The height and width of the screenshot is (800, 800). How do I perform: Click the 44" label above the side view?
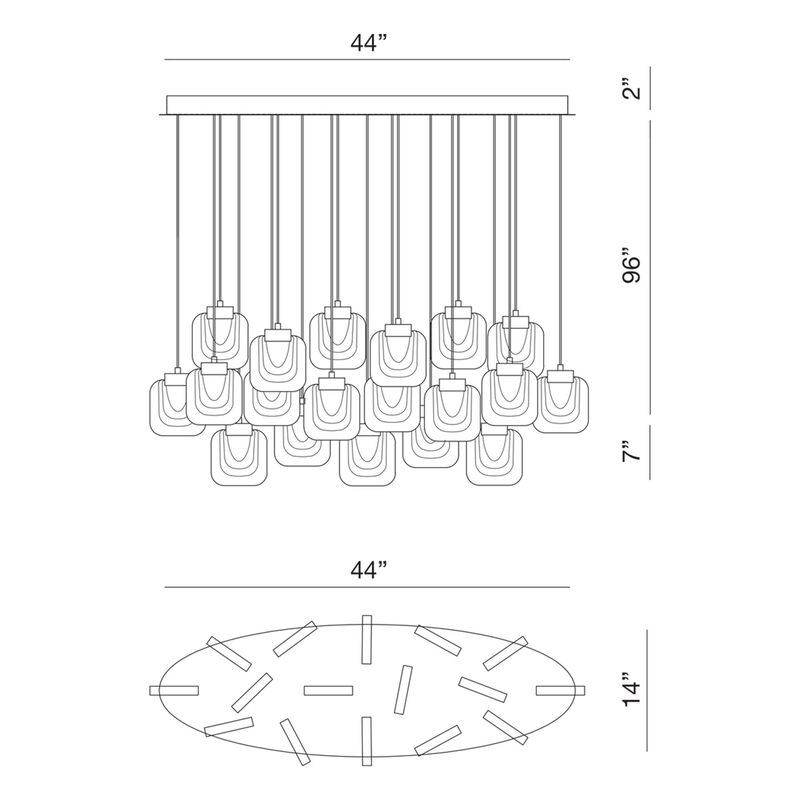[367, 43]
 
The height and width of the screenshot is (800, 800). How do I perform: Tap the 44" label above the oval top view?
[367, 569]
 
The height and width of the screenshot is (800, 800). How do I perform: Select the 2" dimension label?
[632, 89]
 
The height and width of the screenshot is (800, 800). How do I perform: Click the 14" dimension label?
[632, 690]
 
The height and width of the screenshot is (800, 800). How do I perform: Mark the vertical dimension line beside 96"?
[650, 267]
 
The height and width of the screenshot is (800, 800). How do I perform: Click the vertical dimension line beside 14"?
[647, 690]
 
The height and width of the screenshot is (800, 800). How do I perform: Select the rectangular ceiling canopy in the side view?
[367, 105]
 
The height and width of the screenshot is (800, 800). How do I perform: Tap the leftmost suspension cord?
[178, 241]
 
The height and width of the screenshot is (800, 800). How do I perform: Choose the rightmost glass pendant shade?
[560, 403]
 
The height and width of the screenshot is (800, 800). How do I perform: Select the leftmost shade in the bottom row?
[239, 457]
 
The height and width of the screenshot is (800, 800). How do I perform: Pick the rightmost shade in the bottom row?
[494, 457]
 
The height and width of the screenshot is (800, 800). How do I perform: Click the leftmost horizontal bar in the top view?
[174, 690]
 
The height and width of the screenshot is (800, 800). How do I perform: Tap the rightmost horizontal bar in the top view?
[560, 690]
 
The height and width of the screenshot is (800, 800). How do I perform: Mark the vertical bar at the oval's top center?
[366, 639]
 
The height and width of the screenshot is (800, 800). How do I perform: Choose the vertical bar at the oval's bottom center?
[366, 741]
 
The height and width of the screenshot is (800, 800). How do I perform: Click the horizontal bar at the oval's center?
[328, 690]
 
